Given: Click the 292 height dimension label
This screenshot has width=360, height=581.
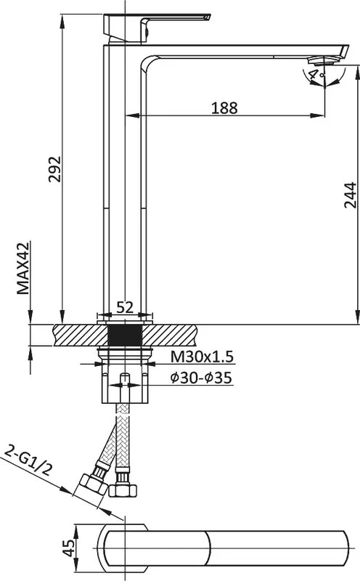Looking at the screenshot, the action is click(54, 169).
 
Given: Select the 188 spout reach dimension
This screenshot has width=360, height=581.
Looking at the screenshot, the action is click(224, 107).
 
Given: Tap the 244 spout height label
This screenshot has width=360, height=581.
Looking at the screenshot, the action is click(350, 195).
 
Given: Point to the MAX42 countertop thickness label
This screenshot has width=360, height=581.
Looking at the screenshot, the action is click(23, 268).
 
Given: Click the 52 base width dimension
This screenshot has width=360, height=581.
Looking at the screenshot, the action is click(125, 307).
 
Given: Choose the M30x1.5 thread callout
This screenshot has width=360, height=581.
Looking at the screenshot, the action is click(202, 357).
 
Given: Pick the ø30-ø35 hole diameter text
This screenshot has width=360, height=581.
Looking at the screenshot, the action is click(202, 378).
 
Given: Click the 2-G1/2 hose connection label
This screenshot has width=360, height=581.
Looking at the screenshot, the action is click(28, 461).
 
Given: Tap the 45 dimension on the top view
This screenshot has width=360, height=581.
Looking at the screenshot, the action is click(68, 548).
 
